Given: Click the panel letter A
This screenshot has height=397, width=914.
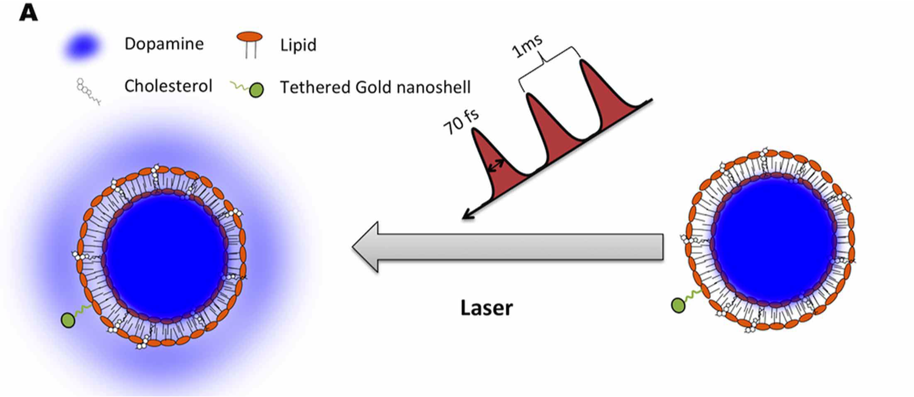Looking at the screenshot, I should pyautogui.click(x=29, y=12).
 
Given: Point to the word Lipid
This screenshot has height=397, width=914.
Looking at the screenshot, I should pyautogui.click(x=299, y=45).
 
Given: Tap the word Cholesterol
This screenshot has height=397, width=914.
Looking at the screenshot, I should pyautogui.click(x=168, y=86).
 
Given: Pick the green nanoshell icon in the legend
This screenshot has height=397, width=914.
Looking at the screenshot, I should pyautogui.click(x=257, y=90).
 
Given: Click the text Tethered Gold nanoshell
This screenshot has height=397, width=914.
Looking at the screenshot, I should pyautogui.click(x=375, y=88).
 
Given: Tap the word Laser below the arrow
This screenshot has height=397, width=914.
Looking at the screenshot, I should pyautogui.click(x=486, y=308).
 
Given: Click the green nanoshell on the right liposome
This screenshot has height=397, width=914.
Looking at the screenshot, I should pyautogui.click(x=678, y=304).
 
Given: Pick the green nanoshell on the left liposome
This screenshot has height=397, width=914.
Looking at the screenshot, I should pyautogui.click(x=69, y=319).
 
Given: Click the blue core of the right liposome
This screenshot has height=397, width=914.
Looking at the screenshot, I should pyautogui.click(x=773, y=240).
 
